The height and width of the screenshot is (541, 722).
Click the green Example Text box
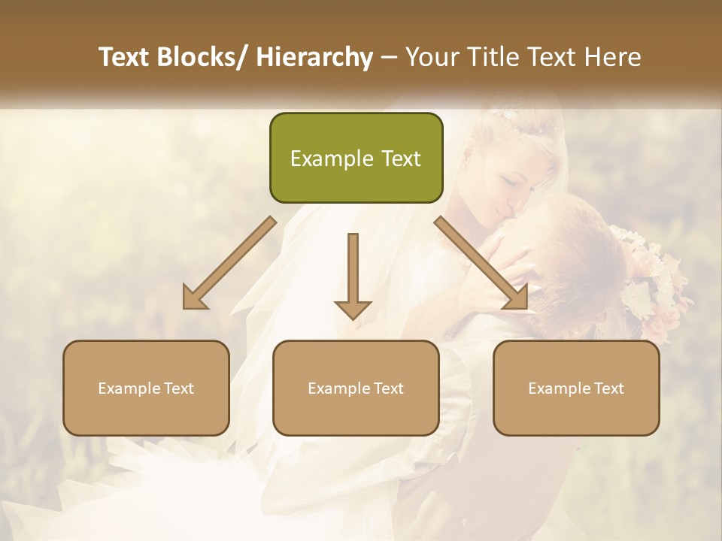356,158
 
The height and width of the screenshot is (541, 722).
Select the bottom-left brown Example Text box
146,388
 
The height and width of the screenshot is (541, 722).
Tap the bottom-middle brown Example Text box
356,388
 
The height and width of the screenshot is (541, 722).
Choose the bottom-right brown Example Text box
576,388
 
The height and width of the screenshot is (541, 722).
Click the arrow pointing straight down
353,274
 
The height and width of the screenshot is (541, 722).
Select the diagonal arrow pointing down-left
229,263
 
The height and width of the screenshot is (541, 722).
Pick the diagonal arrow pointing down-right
481,263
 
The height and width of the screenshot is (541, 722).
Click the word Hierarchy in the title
314,57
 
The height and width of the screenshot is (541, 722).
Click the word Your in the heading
431,57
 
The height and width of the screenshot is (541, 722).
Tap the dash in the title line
389,57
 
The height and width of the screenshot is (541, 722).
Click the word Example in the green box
321,159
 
